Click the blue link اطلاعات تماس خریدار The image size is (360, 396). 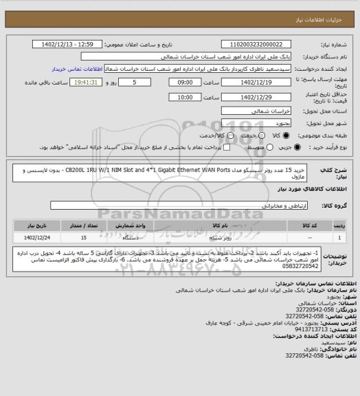pos(76,69)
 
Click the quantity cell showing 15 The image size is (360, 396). pos(84,238)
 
